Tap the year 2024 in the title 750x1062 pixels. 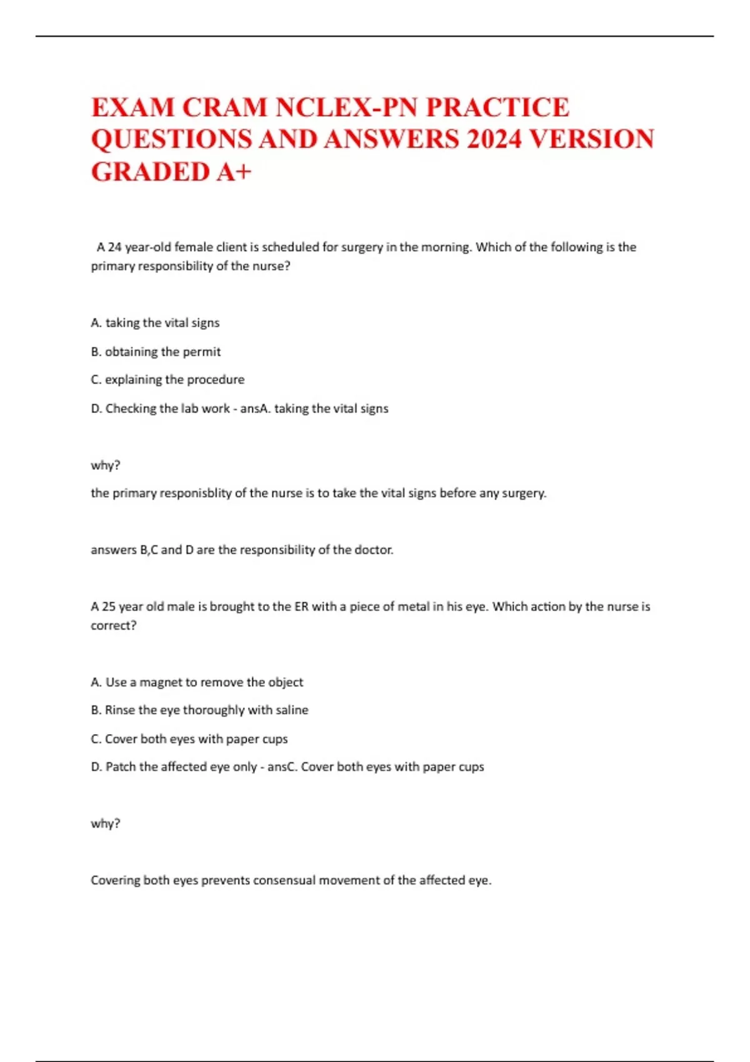pyautogui.click(x=494, y=139)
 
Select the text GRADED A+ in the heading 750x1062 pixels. pyautogui.click(x=171, y=172)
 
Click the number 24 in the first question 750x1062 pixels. pyautogui.click(x=114, y=247)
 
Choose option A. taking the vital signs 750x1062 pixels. pyautogui.click(x=155, y=323)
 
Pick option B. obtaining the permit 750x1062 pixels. pyautogui.click(x=156, y=352)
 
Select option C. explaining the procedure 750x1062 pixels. pyautogui.click(x=167, y=379)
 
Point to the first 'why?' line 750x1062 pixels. pyautogui.click(x=106, y=465)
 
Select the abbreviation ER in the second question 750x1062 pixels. pyautogui.click(x=301, y=607)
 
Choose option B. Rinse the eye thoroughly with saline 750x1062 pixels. pyautogui.click(x=199, y=710)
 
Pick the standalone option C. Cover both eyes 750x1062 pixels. pyautogui.click(x=189, y=739)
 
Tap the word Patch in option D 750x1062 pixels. pyautogui.click(x=121, y=767)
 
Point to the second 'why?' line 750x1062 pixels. pyautogui.click(x=106, y=823)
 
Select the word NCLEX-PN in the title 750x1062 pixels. pyautogui.click(x=346, y=107)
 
